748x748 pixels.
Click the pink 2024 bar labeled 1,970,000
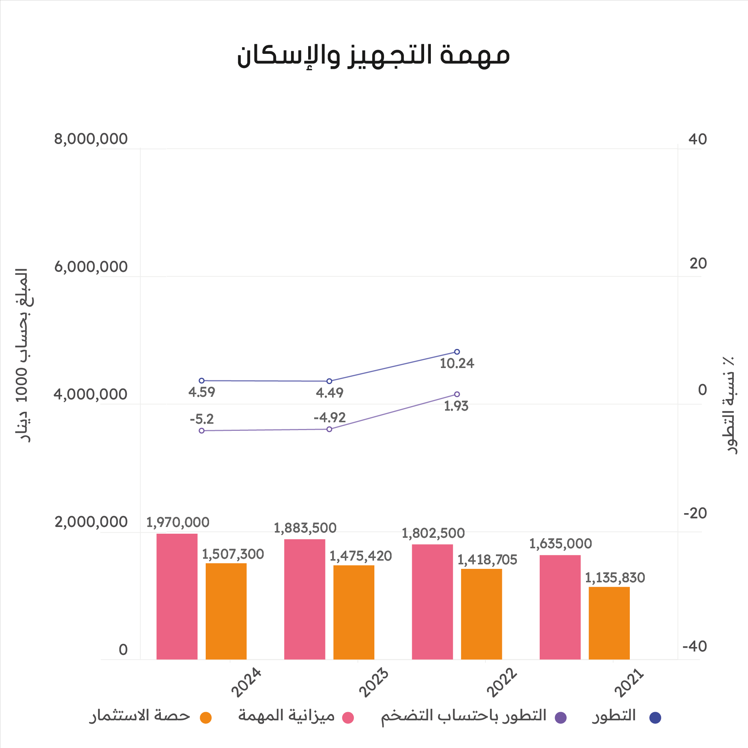pyautogui.click(x=177, y=596)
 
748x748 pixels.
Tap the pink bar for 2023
pyautogui.click(x=305, y=599)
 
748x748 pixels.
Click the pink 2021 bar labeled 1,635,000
pyautogui.click(x=560, y=607)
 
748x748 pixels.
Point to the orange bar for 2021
pyautogui.click(x=609, y=623)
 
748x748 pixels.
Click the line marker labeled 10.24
pyautogui.click(x=457, y=352)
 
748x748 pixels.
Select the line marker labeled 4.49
pyautogui.click(x=329, y=381)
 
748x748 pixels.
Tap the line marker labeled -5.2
pyautogui.click(x=202, y=431)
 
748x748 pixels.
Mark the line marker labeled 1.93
pyautogui.click(x=457, y=394)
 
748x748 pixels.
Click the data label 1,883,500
pyautogui.click(x=305, y=528)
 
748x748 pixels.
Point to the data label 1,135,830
pyautogui.click(x=615, y=578)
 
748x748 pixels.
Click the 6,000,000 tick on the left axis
pyautogui.click(x=91, y=267)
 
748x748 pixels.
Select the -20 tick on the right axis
pyautogui.click(x=695, y=514)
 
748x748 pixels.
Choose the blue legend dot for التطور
pyautogui.click(x=655, y=717)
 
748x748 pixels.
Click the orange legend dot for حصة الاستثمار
pyautogui.click(x=206, y=717)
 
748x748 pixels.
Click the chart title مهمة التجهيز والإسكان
pyautogui.click(x=374, y=55)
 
